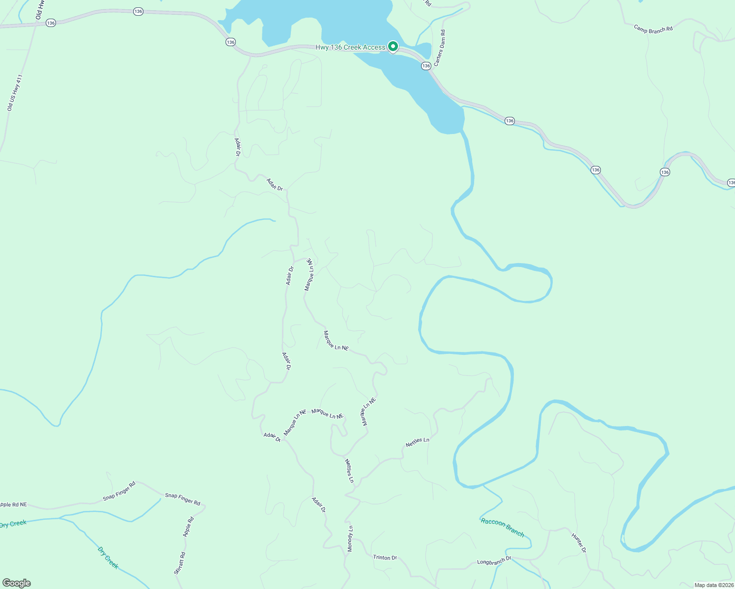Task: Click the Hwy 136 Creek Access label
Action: (x=350, y=48)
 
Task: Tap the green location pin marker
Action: (x=393, y=46)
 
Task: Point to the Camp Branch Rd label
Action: (x=653, y=29)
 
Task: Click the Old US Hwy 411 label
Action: (x=15, y=93)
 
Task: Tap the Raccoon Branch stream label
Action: (x=502, y=527)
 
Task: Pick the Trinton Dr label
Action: (x=385, y=558)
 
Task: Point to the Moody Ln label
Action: (x=350, y=538)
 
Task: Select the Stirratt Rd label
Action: (x=180, y=563)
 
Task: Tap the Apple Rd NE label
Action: (x=13, y=505)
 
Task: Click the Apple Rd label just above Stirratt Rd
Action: (x=189, y=527)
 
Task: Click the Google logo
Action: (x=17, y=583)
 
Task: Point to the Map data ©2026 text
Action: (x=714, y=585)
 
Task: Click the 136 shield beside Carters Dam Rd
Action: (x=426, y=66)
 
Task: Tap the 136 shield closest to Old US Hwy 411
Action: (x=51, y=23)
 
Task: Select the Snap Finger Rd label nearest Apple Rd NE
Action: (x=119, y=491)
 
